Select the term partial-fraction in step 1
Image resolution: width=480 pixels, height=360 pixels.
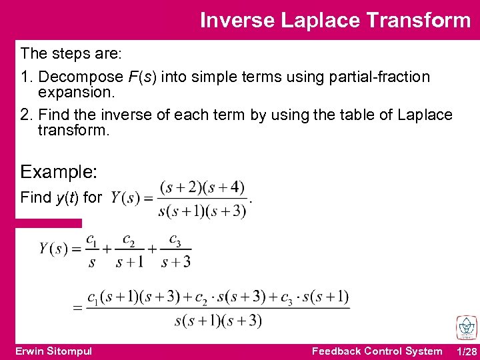379,77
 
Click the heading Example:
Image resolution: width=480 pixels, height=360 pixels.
59,172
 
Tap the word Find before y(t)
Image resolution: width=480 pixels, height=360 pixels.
36,197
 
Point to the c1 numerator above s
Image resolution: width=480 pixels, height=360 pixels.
91,239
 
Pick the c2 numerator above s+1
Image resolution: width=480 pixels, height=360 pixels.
129,239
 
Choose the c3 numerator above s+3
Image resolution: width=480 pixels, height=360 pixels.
175,239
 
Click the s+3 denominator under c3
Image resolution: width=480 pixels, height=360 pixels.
176,261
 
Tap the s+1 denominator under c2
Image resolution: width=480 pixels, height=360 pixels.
129,261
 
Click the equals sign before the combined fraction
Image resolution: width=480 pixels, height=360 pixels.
77,308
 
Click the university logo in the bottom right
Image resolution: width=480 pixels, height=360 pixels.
466,328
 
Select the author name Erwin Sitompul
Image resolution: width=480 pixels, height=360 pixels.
53,351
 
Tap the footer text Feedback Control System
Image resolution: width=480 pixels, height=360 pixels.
377,351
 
